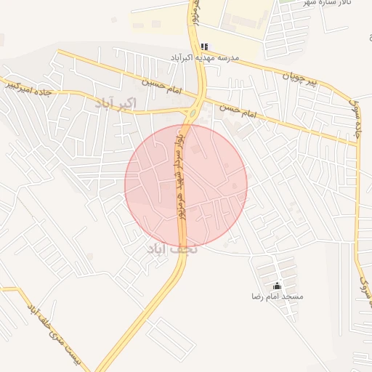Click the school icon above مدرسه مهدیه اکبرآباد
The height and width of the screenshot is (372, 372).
click(205, 46)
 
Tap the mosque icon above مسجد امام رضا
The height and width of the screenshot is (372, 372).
click(276, 286)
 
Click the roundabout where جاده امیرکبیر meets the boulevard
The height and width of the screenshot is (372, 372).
click(193, 115)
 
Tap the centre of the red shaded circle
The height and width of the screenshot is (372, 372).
click(186, 185)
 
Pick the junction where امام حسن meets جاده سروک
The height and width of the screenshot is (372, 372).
click(357, 143)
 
